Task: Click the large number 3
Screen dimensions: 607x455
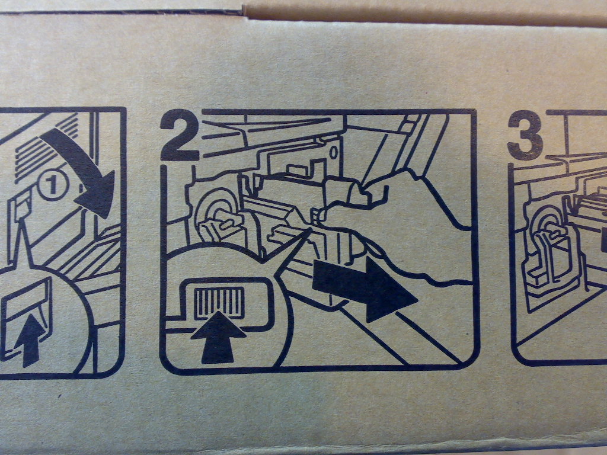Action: (x=525, y=135)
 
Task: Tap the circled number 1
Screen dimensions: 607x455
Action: (x=53, y=185)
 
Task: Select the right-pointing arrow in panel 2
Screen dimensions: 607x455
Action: (x=364, y=286)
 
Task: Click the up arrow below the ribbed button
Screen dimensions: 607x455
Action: (x=218, y=337)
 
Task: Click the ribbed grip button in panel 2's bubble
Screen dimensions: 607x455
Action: (x=219, y=302)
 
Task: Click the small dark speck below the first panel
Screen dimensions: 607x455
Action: (x=59, y=396)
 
